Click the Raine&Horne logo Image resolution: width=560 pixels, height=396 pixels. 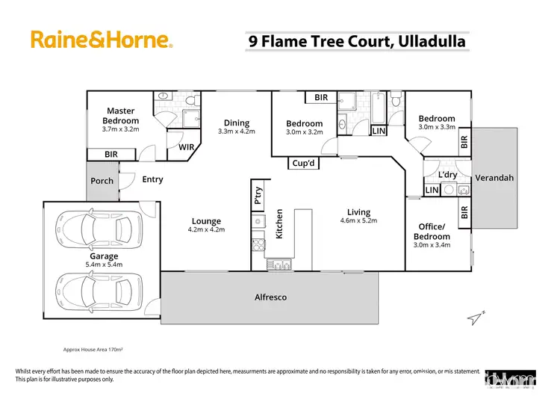click(x=102, y=40)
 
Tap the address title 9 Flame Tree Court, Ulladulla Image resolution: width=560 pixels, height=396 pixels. click(x=357, y=40)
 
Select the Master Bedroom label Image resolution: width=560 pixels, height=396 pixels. click(x=121, y=116)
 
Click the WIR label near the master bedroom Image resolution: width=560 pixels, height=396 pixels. click(x=187, y=147)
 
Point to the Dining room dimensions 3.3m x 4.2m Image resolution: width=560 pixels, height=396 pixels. click(x=236, y=132)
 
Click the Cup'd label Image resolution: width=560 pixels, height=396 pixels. click(x=305, y=164)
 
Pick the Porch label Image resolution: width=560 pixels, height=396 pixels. click(x=102, y=181)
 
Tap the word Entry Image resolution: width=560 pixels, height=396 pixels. click(x=152, y=179)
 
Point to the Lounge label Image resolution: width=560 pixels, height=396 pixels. click(x=206, y=221)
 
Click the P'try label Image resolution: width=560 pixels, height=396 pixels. click(x=258, y=196)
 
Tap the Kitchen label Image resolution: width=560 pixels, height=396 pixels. click(x=280, y=224)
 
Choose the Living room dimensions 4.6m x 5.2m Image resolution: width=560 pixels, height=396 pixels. click(x=358, y=221)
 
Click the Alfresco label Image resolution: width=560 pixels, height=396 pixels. click(x=270, y=297)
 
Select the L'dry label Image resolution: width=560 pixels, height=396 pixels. click(x=447, y=175)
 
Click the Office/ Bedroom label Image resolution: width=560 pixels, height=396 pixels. click(x=432, y=232)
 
